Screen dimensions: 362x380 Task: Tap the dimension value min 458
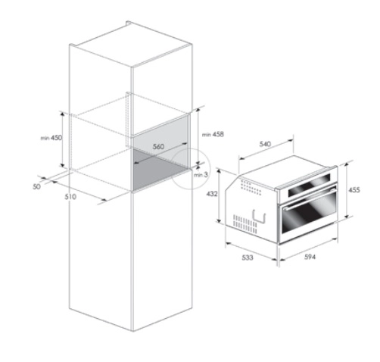tap(212, 134)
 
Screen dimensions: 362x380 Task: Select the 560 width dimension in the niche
tap(158, 146)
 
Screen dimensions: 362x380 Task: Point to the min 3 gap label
tap(199, 174)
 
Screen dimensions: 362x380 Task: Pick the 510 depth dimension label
tap(70, 197)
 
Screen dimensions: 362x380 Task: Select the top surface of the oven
tap(280, 168)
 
